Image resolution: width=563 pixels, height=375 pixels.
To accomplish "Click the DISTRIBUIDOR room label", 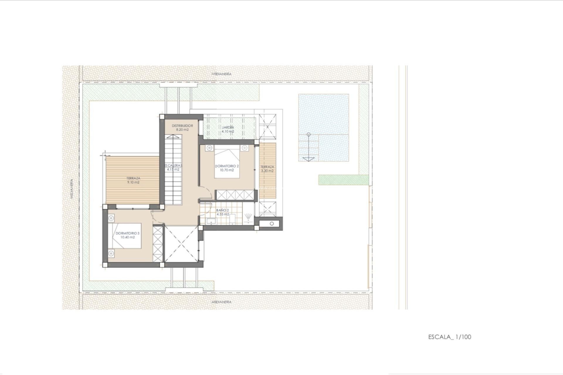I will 182,126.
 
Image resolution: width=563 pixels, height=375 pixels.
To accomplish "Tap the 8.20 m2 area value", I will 182,129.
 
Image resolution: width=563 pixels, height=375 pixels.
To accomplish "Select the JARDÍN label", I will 228,127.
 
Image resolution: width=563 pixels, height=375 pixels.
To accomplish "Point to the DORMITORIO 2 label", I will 227,166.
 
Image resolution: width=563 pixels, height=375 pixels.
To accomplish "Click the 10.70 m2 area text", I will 227,170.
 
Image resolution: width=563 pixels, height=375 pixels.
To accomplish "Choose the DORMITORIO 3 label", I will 128,233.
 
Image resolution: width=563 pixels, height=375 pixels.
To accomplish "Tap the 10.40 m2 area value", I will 128,237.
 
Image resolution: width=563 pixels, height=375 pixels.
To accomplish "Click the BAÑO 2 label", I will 223,210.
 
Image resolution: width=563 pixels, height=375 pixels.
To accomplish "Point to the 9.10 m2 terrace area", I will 133,182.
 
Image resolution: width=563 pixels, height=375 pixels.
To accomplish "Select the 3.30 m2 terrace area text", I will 267,171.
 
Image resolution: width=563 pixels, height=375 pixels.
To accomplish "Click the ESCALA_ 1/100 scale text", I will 450,337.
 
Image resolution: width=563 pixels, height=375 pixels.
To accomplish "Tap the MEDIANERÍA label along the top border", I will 221,74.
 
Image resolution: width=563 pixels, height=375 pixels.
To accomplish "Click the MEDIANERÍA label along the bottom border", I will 221,302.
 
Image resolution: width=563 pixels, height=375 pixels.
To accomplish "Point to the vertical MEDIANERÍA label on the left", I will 72,189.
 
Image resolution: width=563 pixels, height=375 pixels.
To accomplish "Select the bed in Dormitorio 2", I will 227,163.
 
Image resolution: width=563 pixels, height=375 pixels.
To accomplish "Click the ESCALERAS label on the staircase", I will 173,165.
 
